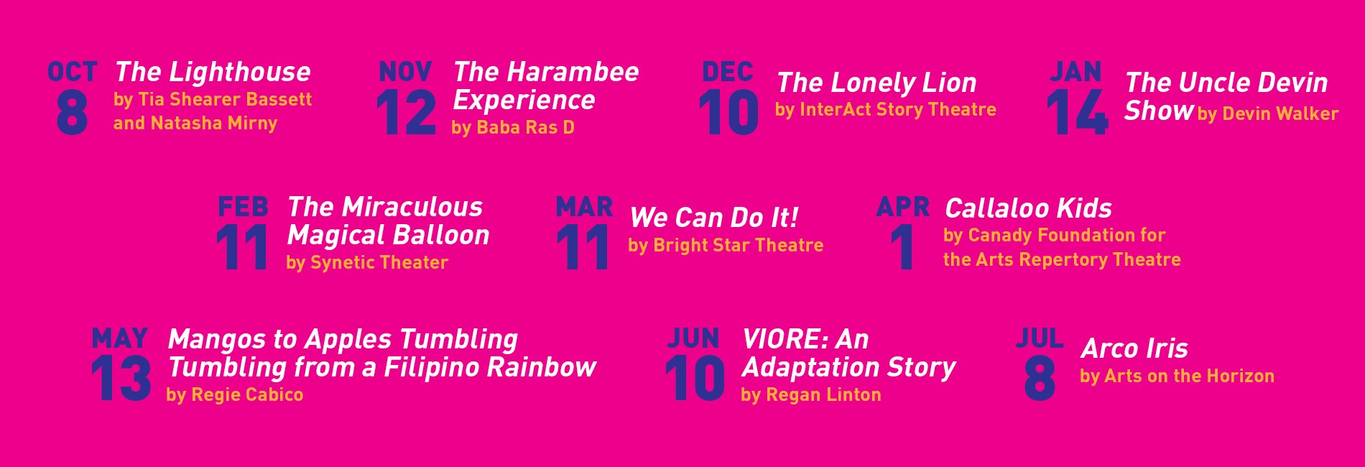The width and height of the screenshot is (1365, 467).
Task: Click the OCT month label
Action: click(72, 72)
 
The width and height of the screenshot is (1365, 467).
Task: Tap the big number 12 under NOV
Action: click(406, 113)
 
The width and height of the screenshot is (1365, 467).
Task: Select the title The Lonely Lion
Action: click(876, 83)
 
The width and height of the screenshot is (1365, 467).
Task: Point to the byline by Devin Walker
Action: click(1268, 114)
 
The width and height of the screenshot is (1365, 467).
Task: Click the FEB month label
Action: click(243, 207)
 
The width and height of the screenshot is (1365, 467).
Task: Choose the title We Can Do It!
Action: click(714, 218)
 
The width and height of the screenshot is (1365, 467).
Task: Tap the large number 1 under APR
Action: click(902, 247)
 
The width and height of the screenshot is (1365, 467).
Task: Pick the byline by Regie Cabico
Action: click(235, 394)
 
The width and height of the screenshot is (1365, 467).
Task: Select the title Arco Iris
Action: click(1134, 348)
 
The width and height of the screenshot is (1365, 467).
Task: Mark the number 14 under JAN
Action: click(1077, 113)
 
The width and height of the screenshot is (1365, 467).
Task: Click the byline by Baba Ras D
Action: click(513, 127)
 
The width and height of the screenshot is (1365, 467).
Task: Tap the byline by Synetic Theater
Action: click(367, 263)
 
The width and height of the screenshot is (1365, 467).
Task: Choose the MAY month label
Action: click(120, 338)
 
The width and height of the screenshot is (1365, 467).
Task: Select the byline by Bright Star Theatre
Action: click(726, 246)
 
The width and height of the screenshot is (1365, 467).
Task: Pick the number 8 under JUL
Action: click(1040, 379)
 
